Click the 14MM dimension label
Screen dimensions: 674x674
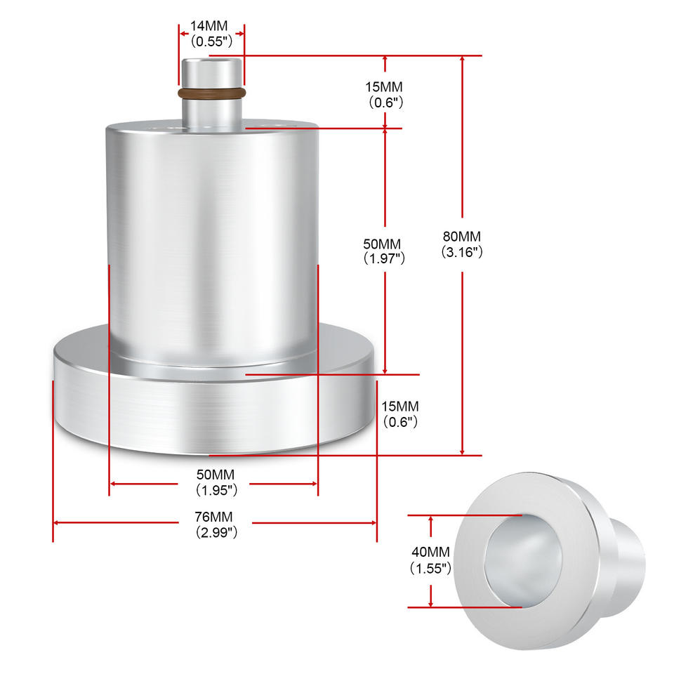tap(209, 26)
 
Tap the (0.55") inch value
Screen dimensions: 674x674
tap(211, 41)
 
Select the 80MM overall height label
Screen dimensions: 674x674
tap(462, 237)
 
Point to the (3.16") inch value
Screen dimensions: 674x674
tap(462, 252)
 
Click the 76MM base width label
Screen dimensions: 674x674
tap(213, 517)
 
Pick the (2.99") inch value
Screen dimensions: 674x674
tap(216, 533)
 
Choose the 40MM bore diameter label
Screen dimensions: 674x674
tap(430, 552)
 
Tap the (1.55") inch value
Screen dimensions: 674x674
tap(430, 568)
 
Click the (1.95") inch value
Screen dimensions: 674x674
tap(216, 490)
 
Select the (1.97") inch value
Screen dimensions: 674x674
tap(384, 258)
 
